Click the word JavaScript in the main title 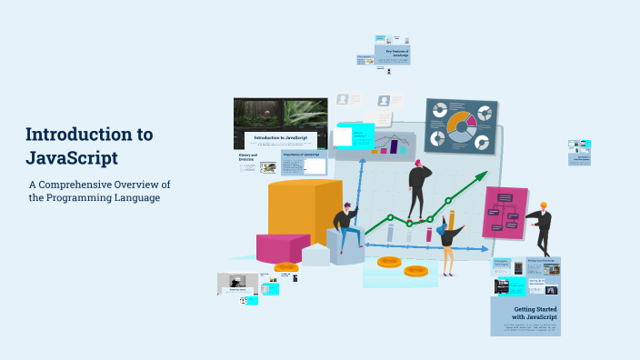pos(72,157)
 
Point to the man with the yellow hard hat pos(543,227)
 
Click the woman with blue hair pos(449,239)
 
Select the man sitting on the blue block pos(345,227)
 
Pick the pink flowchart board pos(505,213)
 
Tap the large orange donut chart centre pos(461,125)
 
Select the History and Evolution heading pos(248,157)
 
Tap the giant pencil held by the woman pos(452,223)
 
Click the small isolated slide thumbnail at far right pos(579,152)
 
